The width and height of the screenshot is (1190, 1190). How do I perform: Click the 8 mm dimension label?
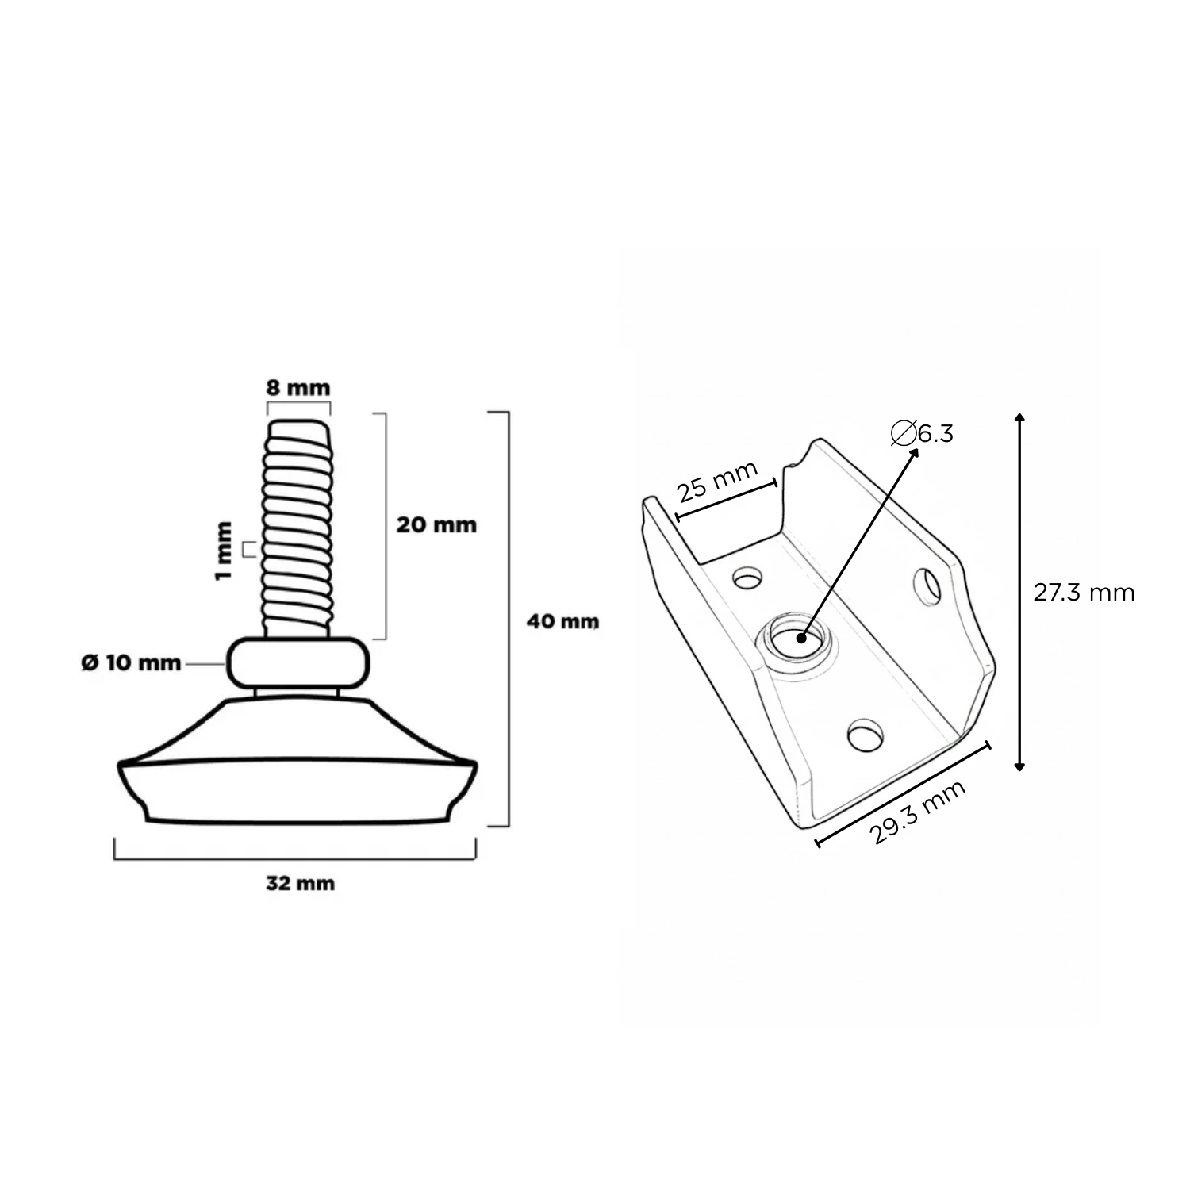[x=297, y=389]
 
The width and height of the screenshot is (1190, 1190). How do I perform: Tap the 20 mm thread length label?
[x=436, y=524]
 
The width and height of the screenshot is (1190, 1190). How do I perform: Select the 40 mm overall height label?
[x=563, y=621]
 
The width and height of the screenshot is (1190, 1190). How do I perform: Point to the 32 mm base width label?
[x=300, y=883]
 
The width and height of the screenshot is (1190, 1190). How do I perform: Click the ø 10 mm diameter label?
[x=132, y=662]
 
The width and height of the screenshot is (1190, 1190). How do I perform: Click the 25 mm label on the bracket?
[x=718, y=480]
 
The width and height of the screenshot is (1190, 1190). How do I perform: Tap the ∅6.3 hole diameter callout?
[x=922, y=433]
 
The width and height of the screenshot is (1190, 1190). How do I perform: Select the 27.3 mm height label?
[x=1084, y=593]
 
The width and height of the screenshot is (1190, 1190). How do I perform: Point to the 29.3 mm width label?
[x=918, y=812]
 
